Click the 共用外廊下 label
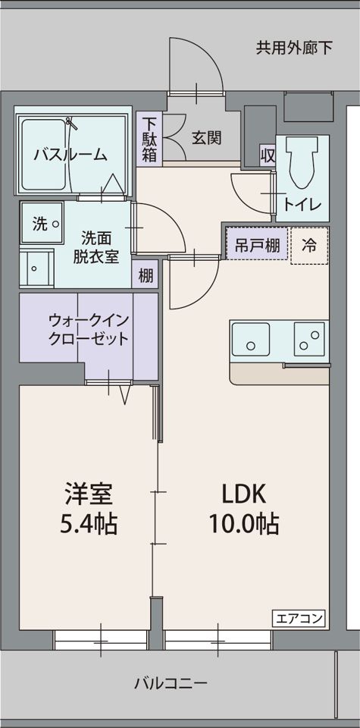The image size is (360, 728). click(294, 49)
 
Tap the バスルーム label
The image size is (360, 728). click(70, 155)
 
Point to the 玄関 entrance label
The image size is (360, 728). click(206, 138)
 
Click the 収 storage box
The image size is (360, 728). click(267, 155)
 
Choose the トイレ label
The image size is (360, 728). click(302, 205)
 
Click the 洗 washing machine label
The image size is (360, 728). click(39, 224)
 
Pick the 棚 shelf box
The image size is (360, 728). click(146, 275)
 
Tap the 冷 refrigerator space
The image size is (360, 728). click(309, 245)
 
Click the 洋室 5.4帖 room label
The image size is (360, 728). click(89, 508)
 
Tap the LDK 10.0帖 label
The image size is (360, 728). click(243, 508)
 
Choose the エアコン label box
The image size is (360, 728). click(298, 617)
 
